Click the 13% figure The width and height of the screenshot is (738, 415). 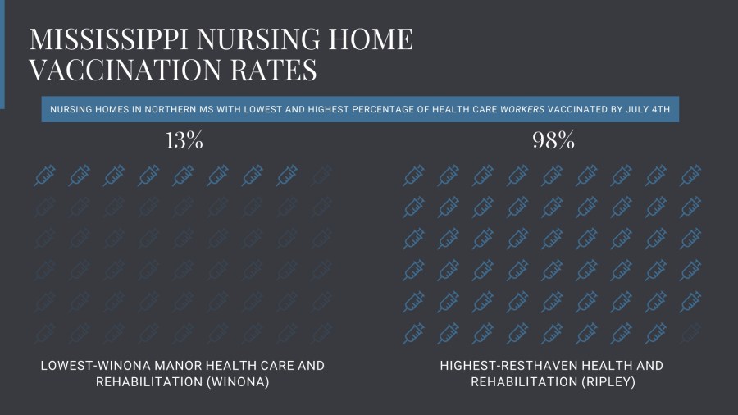[x=184, y=140]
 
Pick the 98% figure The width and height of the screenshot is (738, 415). [x=553, y=140]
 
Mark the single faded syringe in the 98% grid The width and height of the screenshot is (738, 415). [x=690, y=333]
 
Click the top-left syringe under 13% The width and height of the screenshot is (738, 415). [x=44, y=176]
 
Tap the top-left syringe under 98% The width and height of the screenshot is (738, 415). [x=414, y=176]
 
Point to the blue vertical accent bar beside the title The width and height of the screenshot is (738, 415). [x=2, y=53]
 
